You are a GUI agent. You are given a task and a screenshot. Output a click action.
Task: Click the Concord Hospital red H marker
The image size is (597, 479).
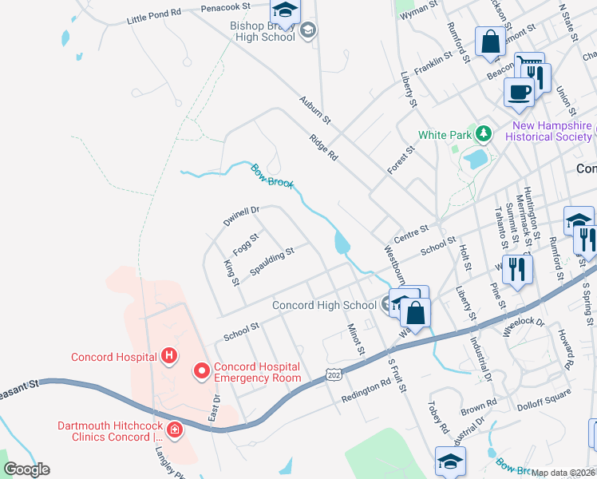[x=168, y=356]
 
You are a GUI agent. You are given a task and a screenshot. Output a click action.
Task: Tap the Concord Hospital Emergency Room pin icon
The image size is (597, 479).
[x=202, y=371]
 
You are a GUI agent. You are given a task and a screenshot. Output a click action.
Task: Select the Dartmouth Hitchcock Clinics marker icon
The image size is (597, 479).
[x=175, y=431]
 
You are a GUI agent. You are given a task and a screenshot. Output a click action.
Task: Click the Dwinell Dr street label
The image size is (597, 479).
[x=242, y=216]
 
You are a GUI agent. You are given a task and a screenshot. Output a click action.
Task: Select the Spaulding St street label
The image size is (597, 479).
[x=272, y=261]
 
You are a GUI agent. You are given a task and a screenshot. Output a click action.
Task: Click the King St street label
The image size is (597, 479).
[x=231, y=272]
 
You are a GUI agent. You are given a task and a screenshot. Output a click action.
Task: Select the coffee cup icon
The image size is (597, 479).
[x=519, y=92]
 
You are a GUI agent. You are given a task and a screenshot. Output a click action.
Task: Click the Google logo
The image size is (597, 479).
[x=26, y=469]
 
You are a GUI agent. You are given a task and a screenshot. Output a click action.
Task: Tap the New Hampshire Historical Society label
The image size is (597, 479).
[x=552, y=131]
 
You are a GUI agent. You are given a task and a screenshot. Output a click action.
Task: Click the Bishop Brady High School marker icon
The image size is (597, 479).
[x=307, y=31]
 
